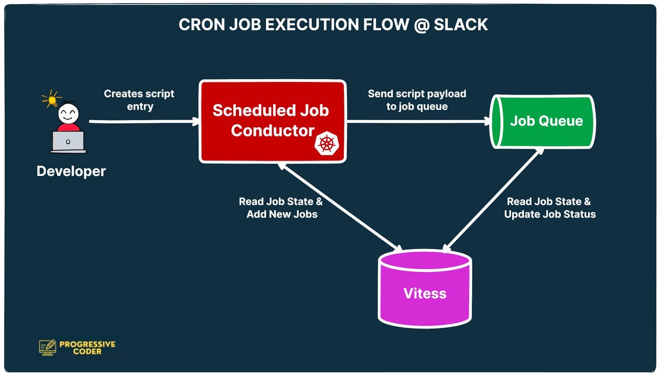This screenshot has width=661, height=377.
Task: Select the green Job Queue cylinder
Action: click(542, 122)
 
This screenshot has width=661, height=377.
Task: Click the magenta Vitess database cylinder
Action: click(425, 294)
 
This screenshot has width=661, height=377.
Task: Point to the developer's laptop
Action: click(68, 141)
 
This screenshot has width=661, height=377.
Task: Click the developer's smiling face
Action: click(68, 113)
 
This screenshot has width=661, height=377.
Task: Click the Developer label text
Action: click(71, 171)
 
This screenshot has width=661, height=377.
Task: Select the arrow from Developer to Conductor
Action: click(143, 122)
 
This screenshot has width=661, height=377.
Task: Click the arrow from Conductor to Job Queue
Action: click(417, 122)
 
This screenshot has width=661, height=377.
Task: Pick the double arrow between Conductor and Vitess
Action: click(340, 207)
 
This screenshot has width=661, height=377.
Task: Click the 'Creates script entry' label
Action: click(139, 100)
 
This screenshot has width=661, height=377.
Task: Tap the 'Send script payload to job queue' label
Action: click(417, 100)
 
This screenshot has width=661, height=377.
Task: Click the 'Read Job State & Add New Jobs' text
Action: click(281, 208)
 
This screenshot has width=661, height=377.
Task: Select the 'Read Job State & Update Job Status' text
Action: click(549, 208)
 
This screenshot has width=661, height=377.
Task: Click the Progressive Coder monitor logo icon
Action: click(48, 347)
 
